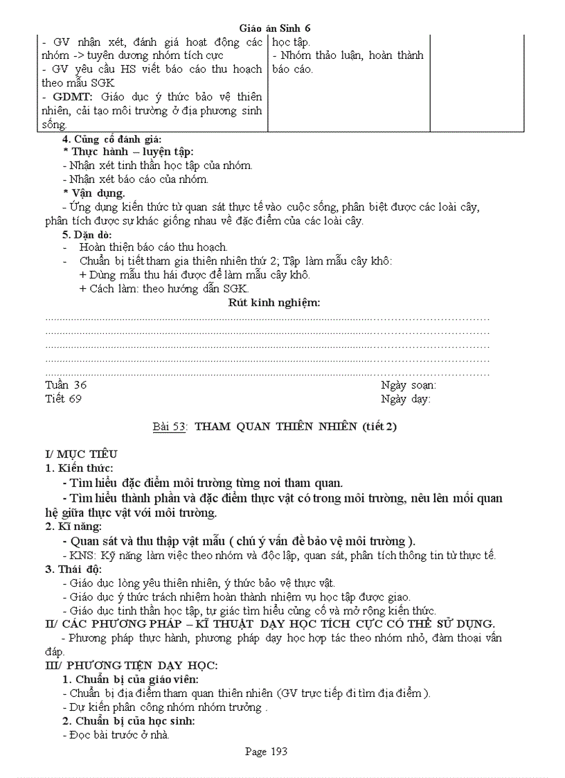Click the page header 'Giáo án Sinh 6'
(x=274, y=28)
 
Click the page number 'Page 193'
(x=266, y=752)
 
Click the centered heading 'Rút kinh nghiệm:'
(x=274, y=303)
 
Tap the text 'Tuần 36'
(x=66, y=385)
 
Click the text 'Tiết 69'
(x=64, y=399)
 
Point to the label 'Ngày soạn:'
(x=408, y=385)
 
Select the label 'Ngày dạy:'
(x=405, y=399)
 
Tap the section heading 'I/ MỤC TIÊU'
(x=81, y=454)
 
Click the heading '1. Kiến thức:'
(x=79, y=468)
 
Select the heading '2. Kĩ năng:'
(x=73, y=527)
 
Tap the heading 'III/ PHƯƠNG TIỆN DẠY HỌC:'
(x=132, y=666)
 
